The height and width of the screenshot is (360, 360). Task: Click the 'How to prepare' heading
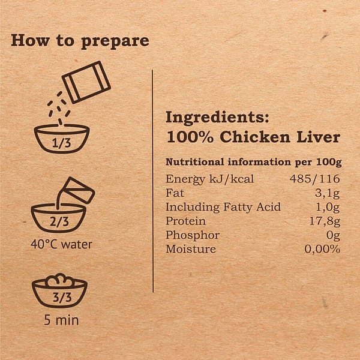click(x=80, y=41)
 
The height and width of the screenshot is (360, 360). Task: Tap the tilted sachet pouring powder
click(x=86, y=82)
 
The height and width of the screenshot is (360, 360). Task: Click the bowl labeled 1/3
click(x=62, y=139)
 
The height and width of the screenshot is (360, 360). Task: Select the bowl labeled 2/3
click(x=58, y=218)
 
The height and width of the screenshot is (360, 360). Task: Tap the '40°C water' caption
click(x=62, y=244)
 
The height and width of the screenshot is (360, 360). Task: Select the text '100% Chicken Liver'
click(x=253, y=137)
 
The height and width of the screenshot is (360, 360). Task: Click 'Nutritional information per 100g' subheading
click(x=253, y=163)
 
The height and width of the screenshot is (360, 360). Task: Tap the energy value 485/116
click(x=315, y=179)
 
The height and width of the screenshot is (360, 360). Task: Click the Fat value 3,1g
click(x=328, y=193)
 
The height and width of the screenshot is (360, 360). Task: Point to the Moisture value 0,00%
click(x=322, y=249)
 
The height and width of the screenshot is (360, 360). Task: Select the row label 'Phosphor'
click(x=192, y=235)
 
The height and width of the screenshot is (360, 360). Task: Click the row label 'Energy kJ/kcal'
click(x=202, y=179)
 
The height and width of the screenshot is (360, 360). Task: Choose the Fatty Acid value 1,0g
click(x=328, y=207)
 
